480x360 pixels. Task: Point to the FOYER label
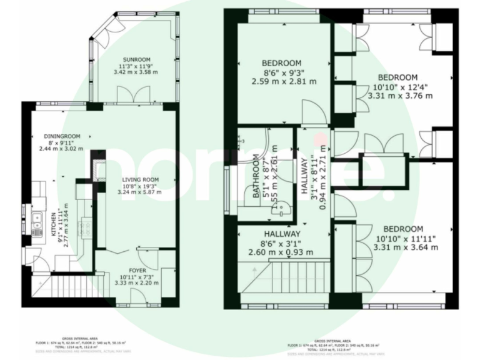point(136,269)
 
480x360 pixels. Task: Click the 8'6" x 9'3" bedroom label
point(281,62)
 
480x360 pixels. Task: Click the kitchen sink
point(37,220)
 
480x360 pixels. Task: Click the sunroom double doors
point(134,94)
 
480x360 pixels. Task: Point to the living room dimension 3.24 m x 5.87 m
point(140,192)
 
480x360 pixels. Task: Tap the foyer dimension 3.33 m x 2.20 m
point(136,282)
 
